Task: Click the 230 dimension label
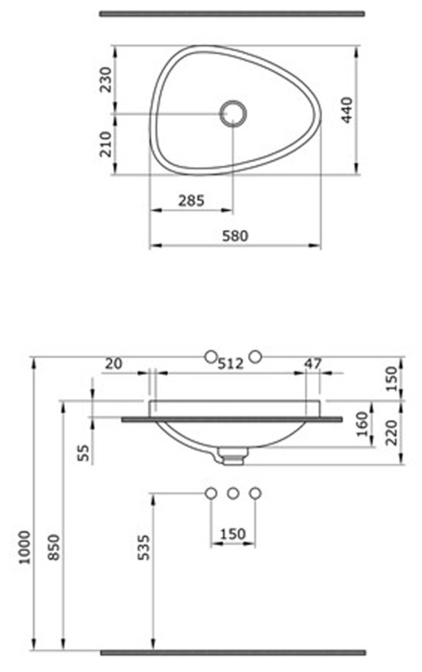105,79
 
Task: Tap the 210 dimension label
105,144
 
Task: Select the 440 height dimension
346,110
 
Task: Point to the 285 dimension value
191,200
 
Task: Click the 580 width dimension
235,236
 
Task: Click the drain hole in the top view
233,114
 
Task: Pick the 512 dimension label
230,364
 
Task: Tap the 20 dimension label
114,364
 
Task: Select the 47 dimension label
312,364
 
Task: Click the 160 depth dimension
363,424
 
